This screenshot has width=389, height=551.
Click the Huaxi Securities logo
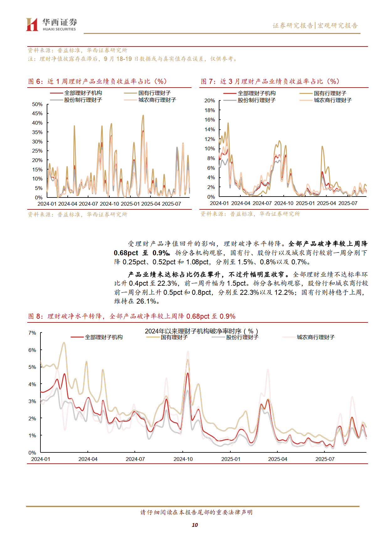click(x=51, y=24)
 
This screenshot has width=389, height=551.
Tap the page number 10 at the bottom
click(x=195, y=525)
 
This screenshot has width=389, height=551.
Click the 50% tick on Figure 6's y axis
click(x=37, y=104)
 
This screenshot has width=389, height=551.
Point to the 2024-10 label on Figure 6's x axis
click(x=109, y=204)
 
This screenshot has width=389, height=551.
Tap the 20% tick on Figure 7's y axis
click(x=209, y=100)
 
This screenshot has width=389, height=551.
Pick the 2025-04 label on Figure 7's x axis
click(x=326, y=203)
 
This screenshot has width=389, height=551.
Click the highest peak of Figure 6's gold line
click(x=143, y=116)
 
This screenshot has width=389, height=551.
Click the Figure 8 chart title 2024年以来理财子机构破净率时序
click(x=201, y=331)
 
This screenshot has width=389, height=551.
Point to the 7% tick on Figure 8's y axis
click(x=32, y=333)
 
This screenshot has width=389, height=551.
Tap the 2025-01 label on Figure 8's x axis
click(x=231, y=459)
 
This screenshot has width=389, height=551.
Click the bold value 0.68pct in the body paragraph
click(x=126, y=253)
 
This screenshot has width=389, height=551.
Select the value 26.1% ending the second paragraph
click(x=146, y=301)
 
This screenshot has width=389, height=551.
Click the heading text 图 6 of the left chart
click(x=35, y=81)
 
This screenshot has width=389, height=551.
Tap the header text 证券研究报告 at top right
click(x=292, y=25)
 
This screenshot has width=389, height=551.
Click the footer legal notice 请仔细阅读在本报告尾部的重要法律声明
click(x=196, y=512)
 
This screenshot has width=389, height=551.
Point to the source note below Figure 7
click(x=250, y=214)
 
